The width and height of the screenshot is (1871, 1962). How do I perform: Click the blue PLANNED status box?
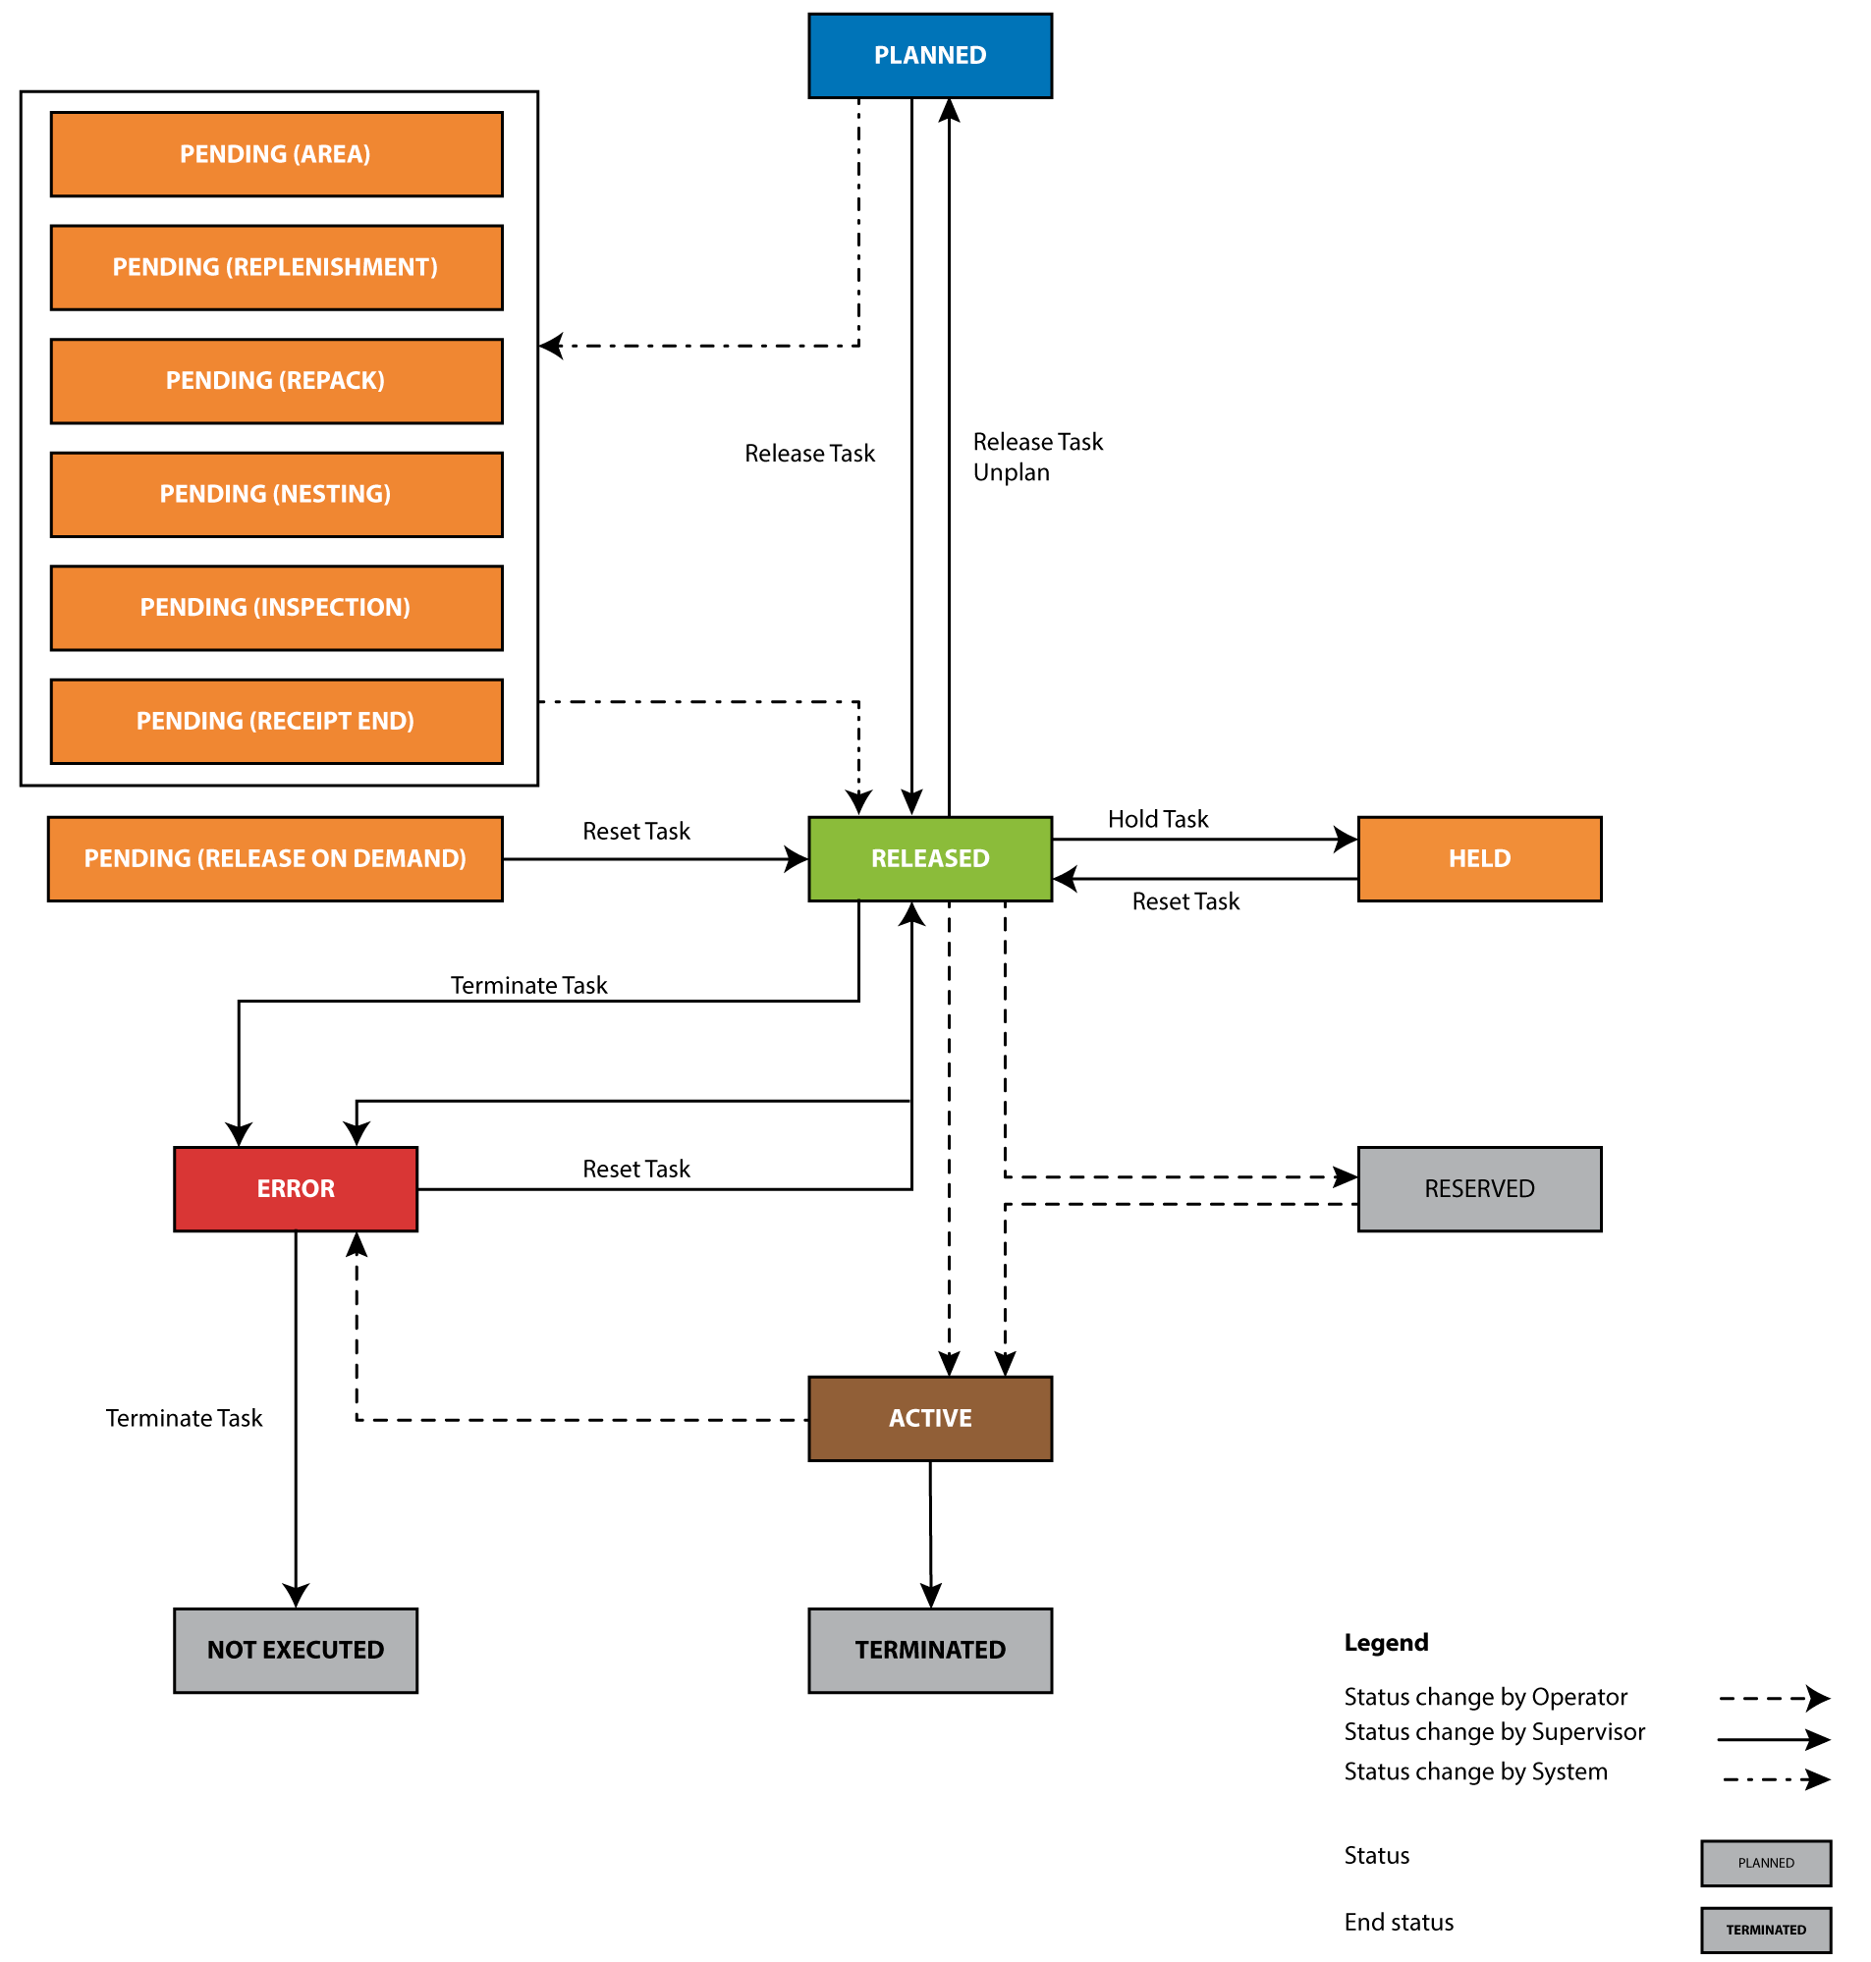929,56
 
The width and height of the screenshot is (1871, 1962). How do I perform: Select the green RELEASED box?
929,858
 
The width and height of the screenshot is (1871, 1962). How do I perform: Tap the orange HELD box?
1479,858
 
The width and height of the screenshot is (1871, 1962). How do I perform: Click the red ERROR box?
296,1188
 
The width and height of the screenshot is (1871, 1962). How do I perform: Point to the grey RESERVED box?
1479,1188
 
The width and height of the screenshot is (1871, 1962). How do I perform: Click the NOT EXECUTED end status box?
296,1650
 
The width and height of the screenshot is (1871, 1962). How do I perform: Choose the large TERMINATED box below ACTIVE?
929,1650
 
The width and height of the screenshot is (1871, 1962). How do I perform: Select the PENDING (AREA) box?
276,154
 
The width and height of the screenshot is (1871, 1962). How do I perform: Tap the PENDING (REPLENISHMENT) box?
276,267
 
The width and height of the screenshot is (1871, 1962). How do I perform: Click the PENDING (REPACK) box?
276,381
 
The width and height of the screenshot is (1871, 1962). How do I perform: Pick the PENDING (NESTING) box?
276,495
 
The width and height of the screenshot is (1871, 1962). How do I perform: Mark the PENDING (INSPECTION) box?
276,608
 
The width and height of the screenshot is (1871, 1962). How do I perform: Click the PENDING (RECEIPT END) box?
276,721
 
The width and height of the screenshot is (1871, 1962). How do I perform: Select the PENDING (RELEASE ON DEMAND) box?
275,858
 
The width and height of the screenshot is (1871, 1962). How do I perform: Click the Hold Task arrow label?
1157,820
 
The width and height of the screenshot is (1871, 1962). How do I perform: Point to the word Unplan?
1012,472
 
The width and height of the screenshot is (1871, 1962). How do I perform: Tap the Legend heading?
1385,1642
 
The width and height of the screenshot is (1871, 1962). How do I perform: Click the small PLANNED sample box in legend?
1765,1862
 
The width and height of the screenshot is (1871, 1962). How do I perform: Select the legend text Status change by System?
1475,1771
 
